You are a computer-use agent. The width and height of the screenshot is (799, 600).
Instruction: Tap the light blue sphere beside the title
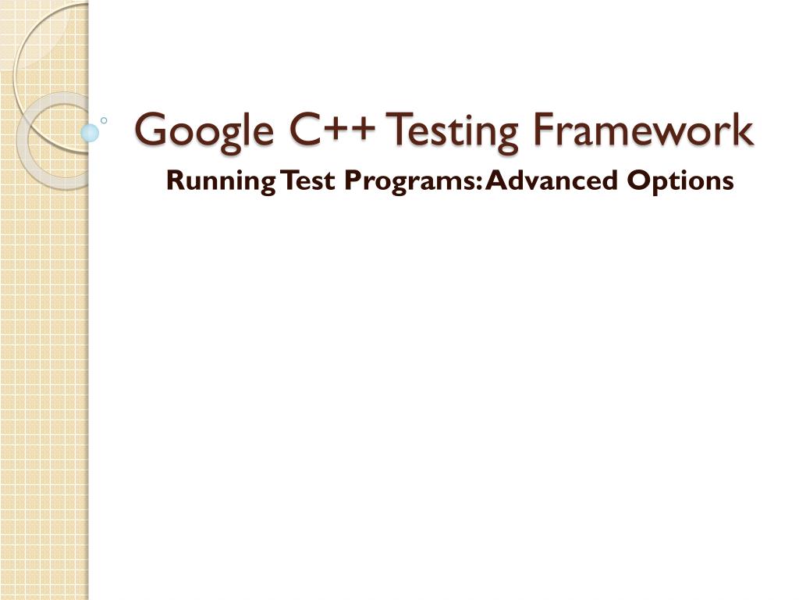pyautogui.click(x=91, y=132)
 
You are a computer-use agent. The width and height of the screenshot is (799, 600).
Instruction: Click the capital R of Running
pyautogui.click(x=175, y=181)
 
